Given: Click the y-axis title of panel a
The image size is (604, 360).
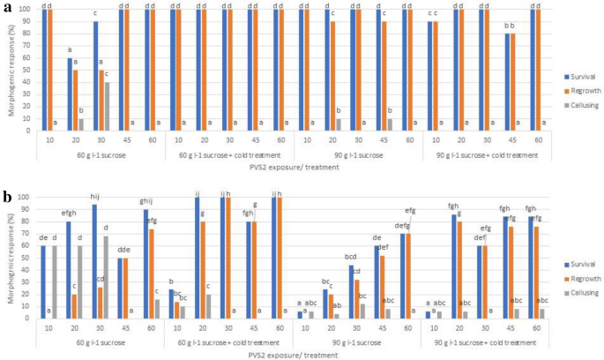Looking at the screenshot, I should tap(7, 71).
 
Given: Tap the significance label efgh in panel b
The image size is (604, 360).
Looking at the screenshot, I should tap(68, 213).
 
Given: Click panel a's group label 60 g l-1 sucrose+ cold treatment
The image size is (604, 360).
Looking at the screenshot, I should tap(227, 155).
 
